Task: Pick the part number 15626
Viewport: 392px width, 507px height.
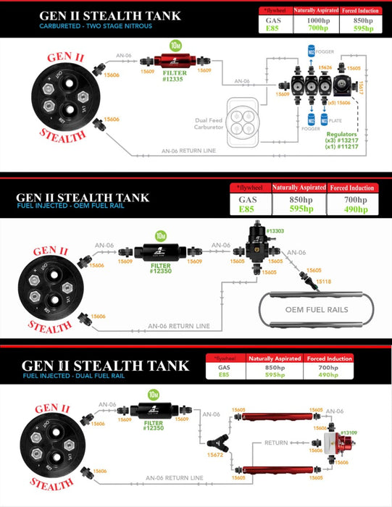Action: [x=325, y=67]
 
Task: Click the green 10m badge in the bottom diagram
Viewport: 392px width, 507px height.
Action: [x=154, y=394]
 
